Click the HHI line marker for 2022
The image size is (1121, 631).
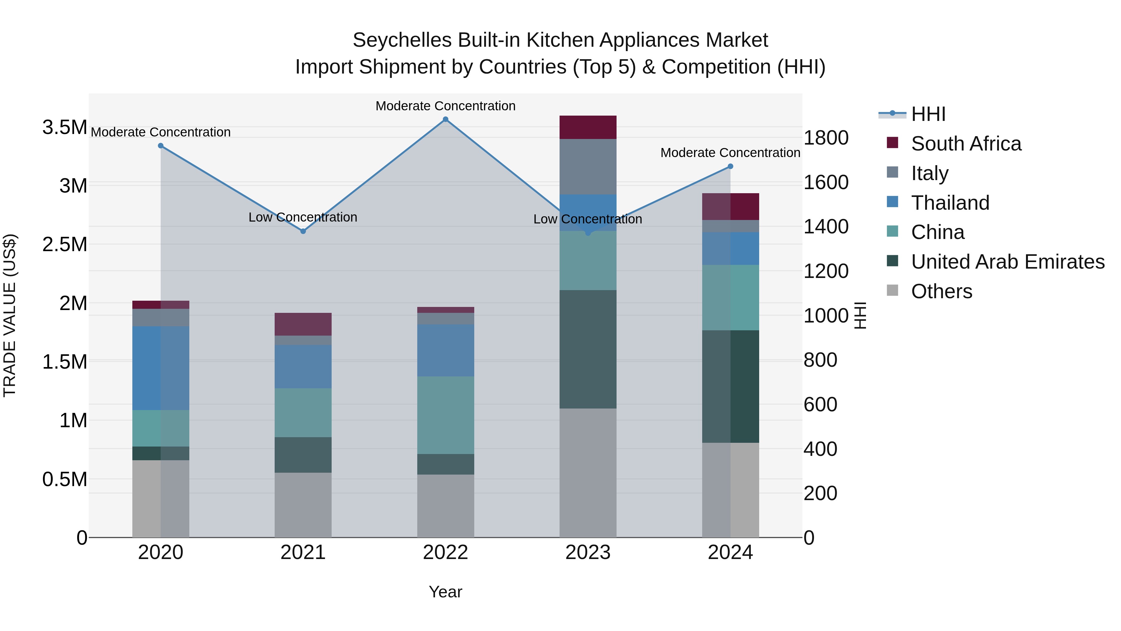click(x=445, y=119)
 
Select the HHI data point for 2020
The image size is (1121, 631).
click(x=161, y=146)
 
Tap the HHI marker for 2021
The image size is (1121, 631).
click(x=303, y=231)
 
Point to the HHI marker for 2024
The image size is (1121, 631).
click(x=730, y=166)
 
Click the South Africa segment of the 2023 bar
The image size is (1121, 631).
click(x=588, y=127)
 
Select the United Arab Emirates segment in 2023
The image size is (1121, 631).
click(x=588, y=349)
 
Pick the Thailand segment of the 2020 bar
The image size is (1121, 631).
click(x=161, y=368)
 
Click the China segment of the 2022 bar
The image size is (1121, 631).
click(x=445, y=415)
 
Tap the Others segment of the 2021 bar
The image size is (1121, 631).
click(x=303, y=505)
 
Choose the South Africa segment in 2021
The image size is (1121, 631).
click(x=303, y=324)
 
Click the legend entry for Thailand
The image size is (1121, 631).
click(x=950, y=203)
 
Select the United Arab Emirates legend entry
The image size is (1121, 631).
click(x=1007, y=262)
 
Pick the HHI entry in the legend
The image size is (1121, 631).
click(x=928, y=114)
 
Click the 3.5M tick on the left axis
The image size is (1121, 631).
click(x=64, y=127)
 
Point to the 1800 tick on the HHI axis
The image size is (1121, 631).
click(x=825, y=138)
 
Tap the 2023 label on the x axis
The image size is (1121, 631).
click(x=588, y=552)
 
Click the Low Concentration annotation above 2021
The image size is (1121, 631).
click(x=303, y=217)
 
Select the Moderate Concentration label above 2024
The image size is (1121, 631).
click(x=730, y=153)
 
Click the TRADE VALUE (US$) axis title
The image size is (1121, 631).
click(x=10, y=315)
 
